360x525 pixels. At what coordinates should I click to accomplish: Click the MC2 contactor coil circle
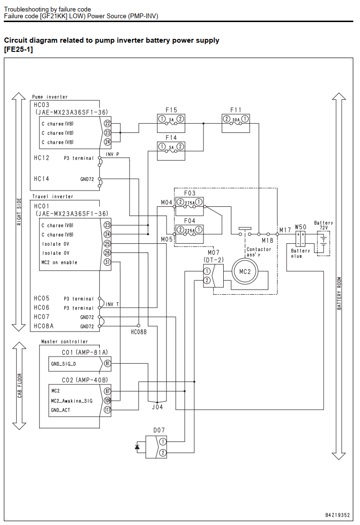pyautogui.click(x=245, y=272)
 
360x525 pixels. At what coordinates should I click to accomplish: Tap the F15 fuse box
pyautogui.click(x=171, y=123)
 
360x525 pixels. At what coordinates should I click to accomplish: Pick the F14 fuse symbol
pyautogui.click(x=171, y=151)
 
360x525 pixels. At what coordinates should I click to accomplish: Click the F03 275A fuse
pyautogui.click(x=190, y=205)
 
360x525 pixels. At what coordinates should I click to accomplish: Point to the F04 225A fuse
pyautogui.click(x=190, y=234)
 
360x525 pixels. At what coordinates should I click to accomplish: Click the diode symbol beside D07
pyautogui.click(x=137, y=447)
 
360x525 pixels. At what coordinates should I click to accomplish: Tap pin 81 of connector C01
pyautogui.click(x=108, y=364)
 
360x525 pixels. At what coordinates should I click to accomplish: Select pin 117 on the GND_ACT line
pyautogui.click(x=108, y=409)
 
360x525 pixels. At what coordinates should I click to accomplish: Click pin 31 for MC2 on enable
pyautogui.click(x=107, y=262)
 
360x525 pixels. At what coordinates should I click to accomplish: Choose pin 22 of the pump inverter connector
pyautogui.click(x=108, y=123)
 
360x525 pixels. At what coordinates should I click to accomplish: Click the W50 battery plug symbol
pyautogui.click(x=300, y=239)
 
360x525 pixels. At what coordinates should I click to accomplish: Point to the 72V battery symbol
pyautogui.click(x=324, y=243)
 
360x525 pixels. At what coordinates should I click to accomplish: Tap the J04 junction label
pyautogui.click(x=157, y=407)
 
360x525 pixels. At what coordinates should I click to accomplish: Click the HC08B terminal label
pyautogui.click(x=139, y=332)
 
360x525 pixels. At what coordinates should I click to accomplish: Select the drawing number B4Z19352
pyautogui.click(x=337, y=515)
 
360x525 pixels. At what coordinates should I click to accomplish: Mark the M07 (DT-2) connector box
pyautogui.click(x=213, y=275)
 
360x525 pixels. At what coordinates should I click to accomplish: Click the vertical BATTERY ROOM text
pyautogui.click(x=339, y=293)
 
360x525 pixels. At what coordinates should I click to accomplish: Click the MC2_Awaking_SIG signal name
pyautogui.click(x=72, y=401)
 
